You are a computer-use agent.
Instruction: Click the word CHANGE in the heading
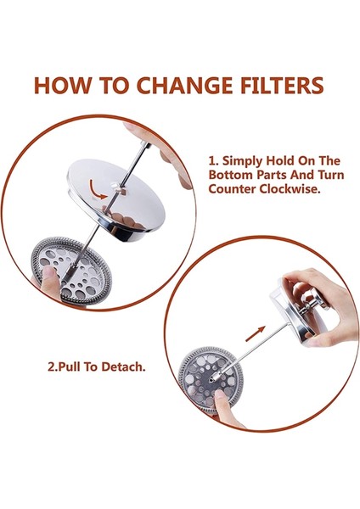pyautogui.click(x=184, y=86)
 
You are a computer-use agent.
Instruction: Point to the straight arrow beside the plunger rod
pyautogui.click(x=256, y=333)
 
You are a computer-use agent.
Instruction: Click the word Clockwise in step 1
pyautogui.click(x=290, y=189)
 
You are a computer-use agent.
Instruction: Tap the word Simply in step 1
pyautogui.click(x=242, y=161)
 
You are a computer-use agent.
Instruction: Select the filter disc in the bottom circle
pyautogui.click(x=211, y=378)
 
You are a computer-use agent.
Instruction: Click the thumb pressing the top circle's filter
pyautogui.click(x=50, y=282)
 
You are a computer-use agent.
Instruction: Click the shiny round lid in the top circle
pyautogui.click(x=116, y=198)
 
